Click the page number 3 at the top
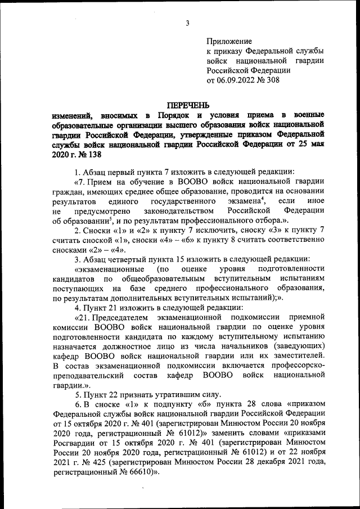click(188, 22)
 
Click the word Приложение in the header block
click(229, 42)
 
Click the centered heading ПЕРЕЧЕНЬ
click(188, 105)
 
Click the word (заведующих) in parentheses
click(300, 346)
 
